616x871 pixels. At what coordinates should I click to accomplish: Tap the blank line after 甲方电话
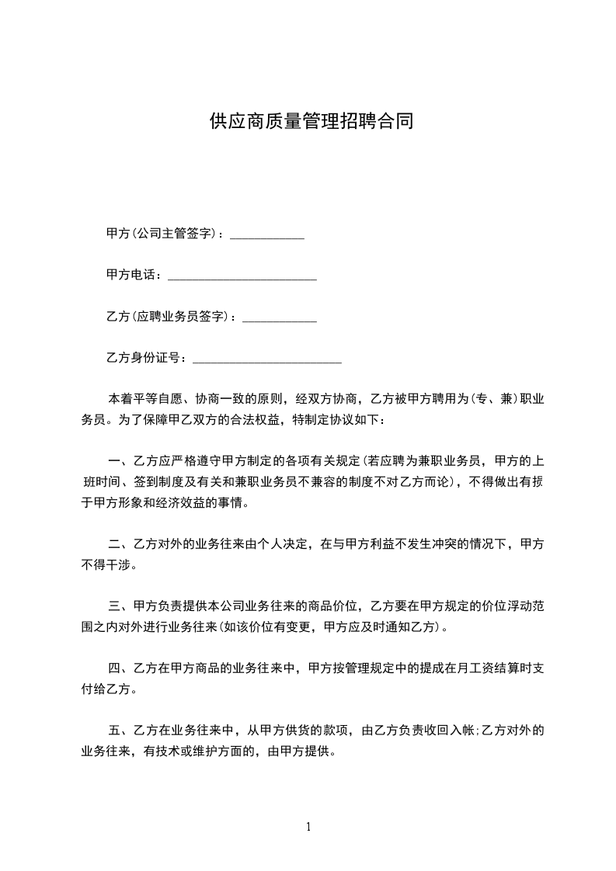pos(242,278)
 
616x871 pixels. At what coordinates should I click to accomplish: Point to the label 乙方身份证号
pos(144,358)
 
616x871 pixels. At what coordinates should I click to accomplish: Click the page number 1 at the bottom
pos(308,827)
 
